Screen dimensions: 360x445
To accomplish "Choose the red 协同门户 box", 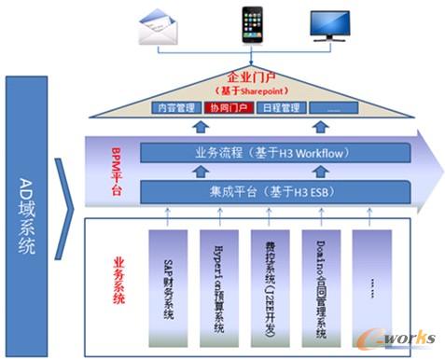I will point(227,108).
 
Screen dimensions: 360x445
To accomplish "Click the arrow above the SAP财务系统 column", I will point(167,215).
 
